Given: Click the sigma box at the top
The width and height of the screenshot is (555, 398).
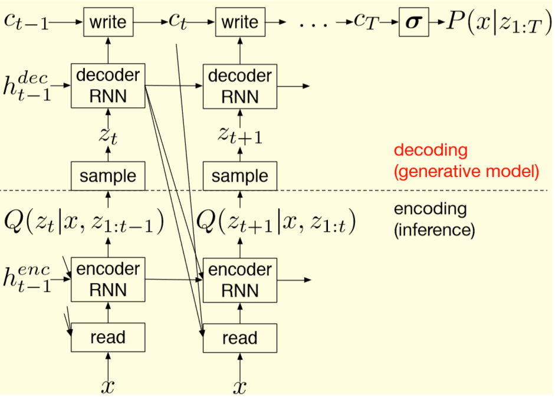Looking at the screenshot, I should (413, 22).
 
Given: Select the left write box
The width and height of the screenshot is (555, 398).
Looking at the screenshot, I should (108, 22).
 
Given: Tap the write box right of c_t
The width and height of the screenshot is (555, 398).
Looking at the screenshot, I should (239, 22).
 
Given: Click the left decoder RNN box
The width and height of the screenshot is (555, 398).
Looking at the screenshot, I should (108, 85).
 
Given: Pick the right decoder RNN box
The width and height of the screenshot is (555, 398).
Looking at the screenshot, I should (239, 85).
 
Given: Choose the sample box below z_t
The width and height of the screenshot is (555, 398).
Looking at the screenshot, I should (108, 176).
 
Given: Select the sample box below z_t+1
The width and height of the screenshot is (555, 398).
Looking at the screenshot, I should (239, 176).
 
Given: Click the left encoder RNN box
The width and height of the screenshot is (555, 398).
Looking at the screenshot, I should (108, 279).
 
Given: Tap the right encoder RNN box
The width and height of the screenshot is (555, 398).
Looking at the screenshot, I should (239, 279).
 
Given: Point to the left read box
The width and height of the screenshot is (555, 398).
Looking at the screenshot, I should (108, 337).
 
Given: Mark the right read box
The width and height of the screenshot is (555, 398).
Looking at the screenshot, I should (239, 338).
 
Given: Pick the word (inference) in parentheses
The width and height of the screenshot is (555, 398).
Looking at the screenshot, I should (434, 230).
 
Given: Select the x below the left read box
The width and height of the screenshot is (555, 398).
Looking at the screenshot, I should (107, 386).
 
